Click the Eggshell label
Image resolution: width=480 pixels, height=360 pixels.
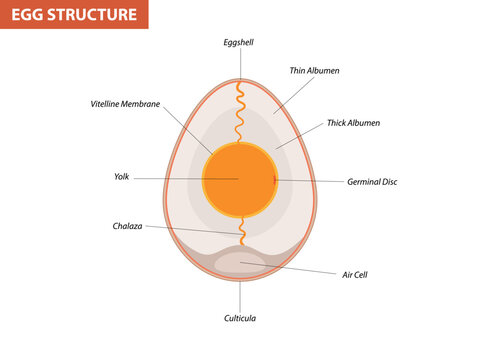(x=240, y=43)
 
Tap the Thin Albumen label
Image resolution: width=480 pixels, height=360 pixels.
(x=313, y=71)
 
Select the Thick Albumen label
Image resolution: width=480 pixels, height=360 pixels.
(x=353, y=123)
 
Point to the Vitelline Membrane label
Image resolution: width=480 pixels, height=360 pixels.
(x=125, y=104)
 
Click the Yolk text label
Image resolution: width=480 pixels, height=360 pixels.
(x=121, y=177)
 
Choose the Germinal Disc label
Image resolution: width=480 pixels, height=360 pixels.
(x=372, y=182)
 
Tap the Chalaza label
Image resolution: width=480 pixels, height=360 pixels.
(x=127, y=225)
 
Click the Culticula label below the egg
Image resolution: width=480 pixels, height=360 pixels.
(x=240, y=318)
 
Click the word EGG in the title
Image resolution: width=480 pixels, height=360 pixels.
(x=30, y=15)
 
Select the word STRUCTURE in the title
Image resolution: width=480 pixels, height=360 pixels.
(x=93, y=15)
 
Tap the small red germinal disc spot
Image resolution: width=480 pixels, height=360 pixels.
(x=273, y=180)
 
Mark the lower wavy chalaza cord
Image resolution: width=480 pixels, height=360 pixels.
(x=240, y=228)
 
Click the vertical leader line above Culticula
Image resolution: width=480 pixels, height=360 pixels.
(x=240, y=295)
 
